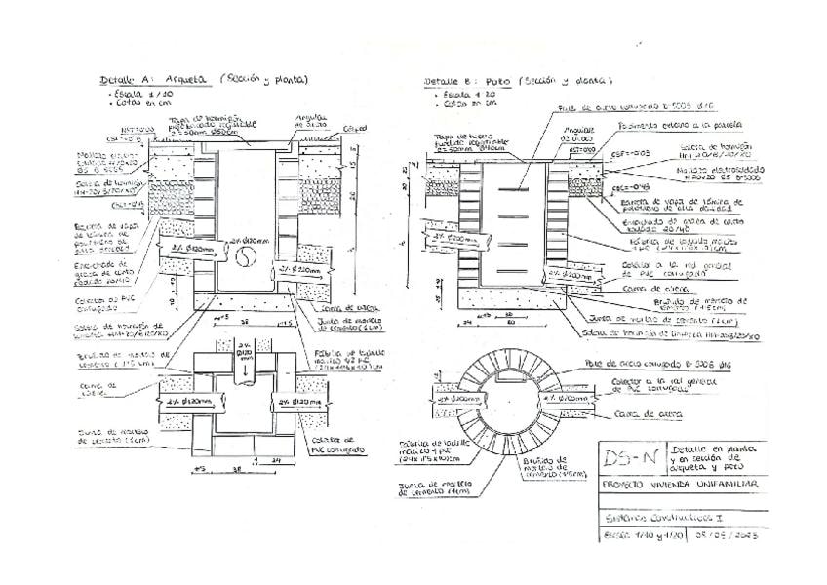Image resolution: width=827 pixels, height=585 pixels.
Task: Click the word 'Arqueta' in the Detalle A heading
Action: coord(185,80)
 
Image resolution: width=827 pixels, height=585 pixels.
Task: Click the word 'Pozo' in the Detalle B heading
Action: coord(494,81)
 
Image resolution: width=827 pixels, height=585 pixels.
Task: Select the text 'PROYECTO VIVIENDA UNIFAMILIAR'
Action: coord(680,485)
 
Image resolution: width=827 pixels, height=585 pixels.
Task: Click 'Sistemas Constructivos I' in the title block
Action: coord(649,511)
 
